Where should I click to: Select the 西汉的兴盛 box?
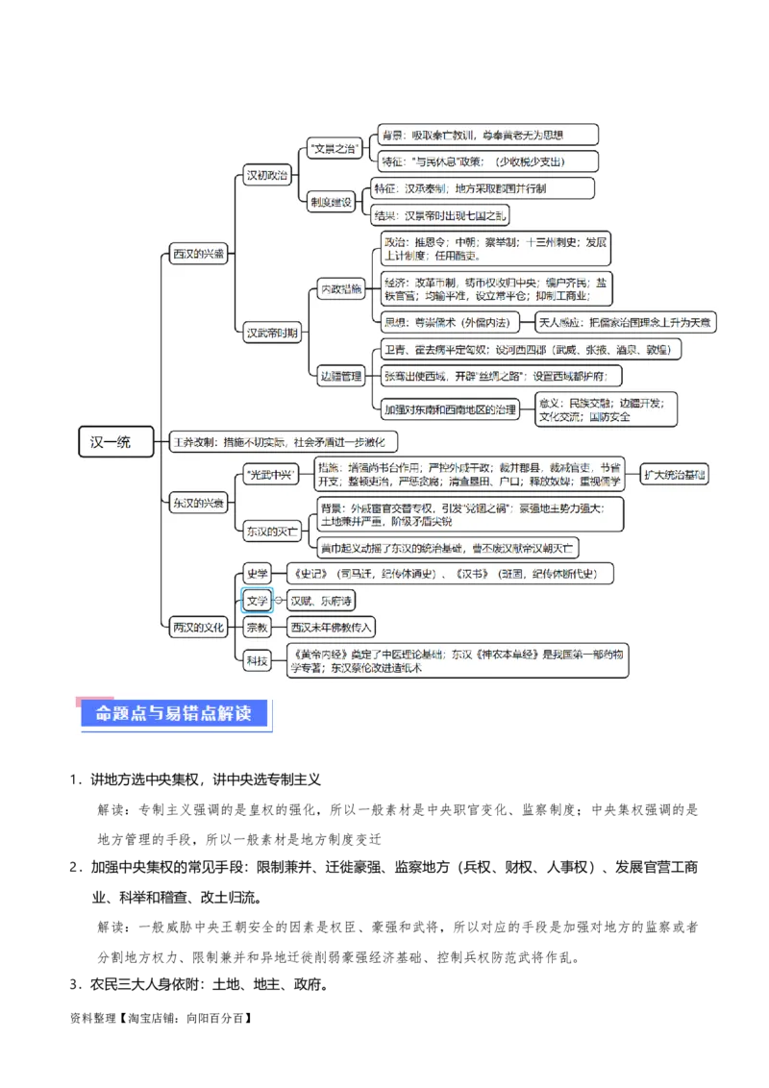tap(199, 255)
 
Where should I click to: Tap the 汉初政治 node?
tap(267, 175)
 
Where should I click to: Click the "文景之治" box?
tap(334, 148)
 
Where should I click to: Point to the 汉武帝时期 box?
tap(272, 334)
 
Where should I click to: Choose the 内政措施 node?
tap(341, 288)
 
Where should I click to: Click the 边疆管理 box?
tap(341, 377)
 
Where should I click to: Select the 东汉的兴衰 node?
tap(199, 503)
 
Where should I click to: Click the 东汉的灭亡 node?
tap(272, 530)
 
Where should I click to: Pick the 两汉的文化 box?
tap(199, 628)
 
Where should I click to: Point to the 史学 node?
tap(257, 574)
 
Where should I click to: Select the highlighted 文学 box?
tap(257, 601)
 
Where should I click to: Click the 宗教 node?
tap(257, 628)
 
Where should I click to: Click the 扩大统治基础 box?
tap(674, 474)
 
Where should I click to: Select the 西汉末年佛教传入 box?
tap(332, 628)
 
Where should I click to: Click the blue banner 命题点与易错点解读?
tap(173, 714)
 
